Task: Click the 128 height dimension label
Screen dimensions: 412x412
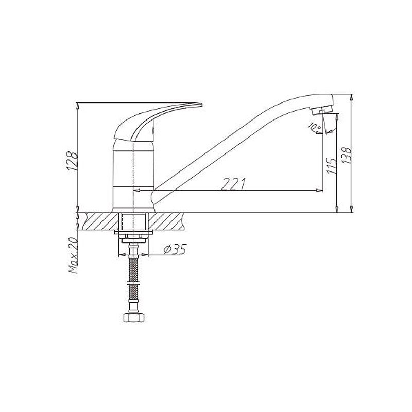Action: (73, 161)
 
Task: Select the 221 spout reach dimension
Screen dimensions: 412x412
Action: (234, 184)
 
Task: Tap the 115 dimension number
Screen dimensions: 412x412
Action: (331, 165)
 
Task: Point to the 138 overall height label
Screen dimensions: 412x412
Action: (346, 156)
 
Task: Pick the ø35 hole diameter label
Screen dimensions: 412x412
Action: (175, 249)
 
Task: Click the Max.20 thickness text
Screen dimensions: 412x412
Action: (73, 256)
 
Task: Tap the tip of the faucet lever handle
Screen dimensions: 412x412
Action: (202, 105)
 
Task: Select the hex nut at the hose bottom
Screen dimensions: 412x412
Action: (134, 317)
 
